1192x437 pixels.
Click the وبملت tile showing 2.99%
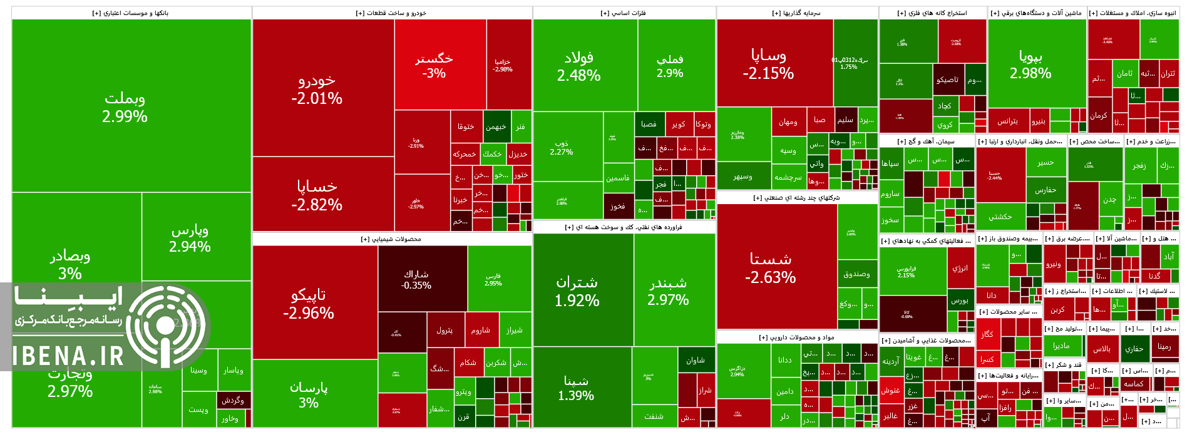pos(125,107)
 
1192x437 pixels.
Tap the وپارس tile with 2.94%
pos(190,238)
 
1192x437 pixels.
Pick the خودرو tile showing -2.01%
pos(317,89)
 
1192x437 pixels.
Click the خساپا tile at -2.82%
pos(317,195)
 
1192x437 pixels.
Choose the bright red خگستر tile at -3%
pos(434,65)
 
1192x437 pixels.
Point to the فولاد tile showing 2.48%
pos(579,66)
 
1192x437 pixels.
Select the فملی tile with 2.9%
pos(670,66)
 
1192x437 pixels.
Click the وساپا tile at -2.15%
pos(768,64)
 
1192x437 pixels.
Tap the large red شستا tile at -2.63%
pos(771,268)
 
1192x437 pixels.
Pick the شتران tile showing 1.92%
pos(577,291)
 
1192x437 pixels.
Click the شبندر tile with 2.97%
pos(668,291)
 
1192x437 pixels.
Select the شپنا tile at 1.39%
pos(576,388)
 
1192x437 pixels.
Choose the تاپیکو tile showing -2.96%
pos(309,304)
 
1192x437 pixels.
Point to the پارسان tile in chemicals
pos(309,394)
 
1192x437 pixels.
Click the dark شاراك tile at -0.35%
pos(416,279)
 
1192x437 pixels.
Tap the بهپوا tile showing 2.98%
pos(1030,64)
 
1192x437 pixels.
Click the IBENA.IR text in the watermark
pos(69,356)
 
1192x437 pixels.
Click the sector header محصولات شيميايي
pos(391,239)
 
